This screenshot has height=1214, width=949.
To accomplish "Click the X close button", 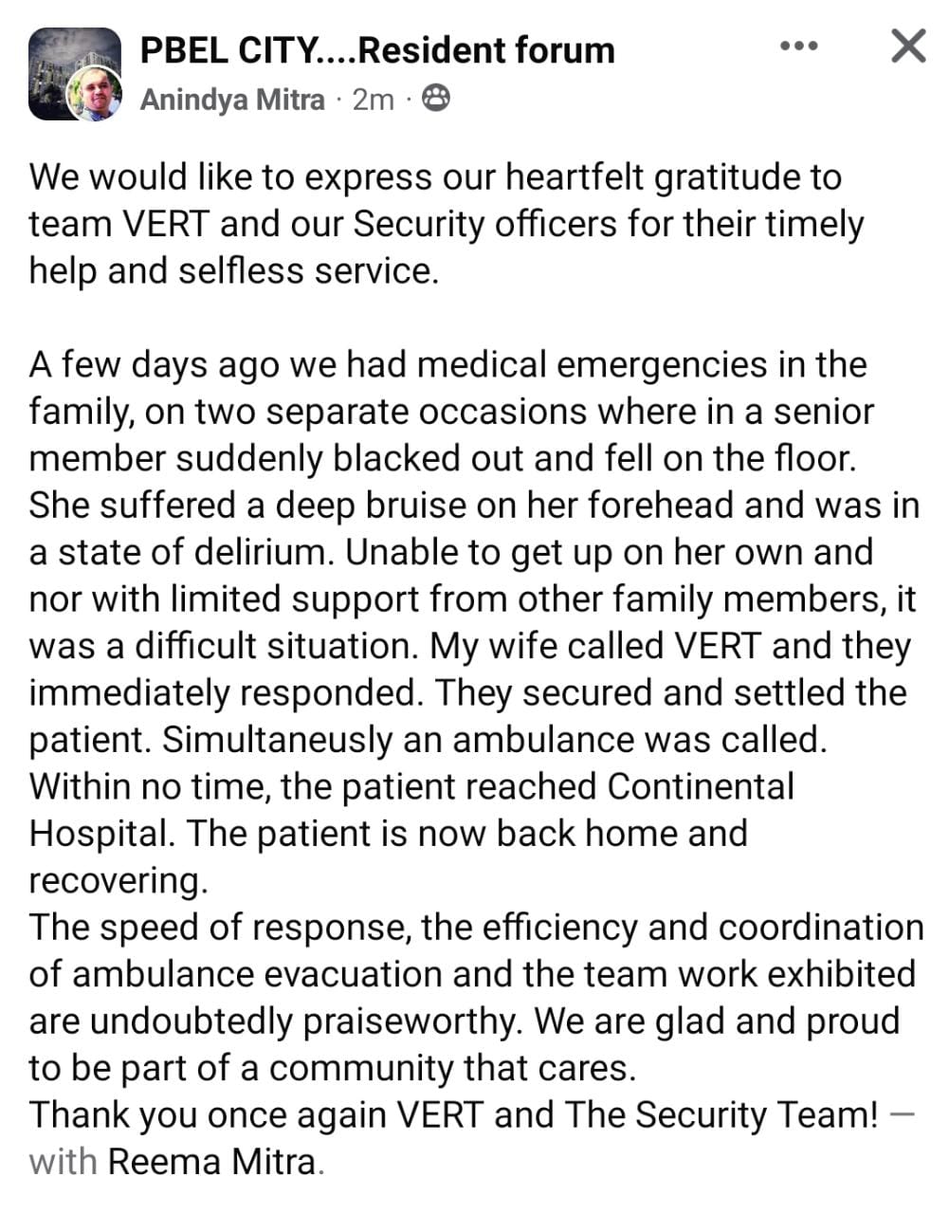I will pos(908,46).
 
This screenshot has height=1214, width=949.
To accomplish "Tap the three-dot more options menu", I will pos(798,46).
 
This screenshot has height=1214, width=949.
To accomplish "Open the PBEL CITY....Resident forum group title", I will pos(377,49).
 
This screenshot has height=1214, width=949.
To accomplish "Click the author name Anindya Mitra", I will pos(232,99).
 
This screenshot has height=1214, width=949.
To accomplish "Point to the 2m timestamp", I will pos(373,99).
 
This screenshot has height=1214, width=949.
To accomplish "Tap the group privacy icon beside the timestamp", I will pos(435,98).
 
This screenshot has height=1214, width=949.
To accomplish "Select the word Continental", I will pos(700,786).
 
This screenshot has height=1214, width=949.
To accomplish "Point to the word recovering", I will pos(117,881).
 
